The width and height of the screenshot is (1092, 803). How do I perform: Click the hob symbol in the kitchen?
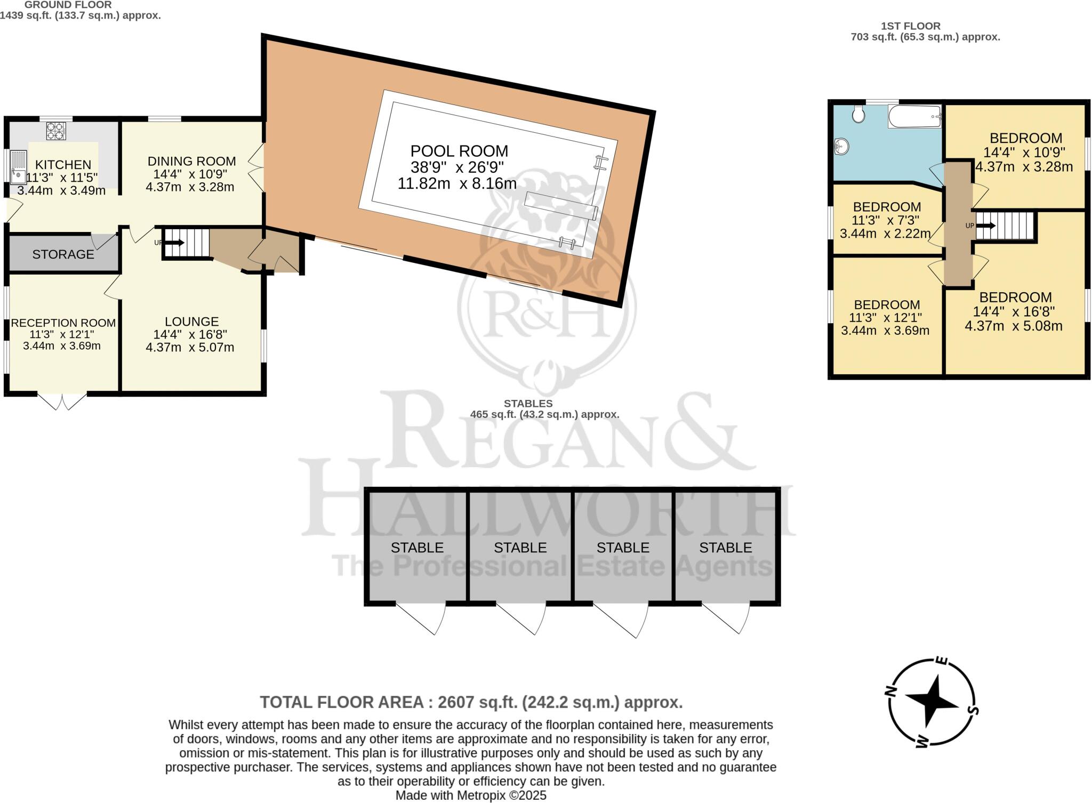[55, 131]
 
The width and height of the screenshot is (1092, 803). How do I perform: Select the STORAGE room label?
[63, 254]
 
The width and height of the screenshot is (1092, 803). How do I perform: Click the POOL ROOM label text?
[459, 151]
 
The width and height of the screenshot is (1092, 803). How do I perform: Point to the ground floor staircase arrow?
[176, 243]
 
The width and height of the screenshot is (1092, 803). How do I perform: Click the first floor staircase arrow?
[986, 226]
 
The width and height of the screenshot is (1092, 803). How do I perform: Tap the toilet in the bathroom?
[858, 114]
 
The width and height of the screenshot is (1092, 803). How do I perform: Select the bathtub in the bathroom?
[914, 116]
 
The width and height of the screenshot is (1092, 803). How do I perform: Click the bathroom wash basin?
[841, 146]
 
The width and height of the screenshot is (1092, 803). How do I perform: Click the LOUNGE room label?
[191, 322]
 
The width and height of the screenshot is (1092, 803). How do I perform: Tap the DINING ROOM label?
[191, 161]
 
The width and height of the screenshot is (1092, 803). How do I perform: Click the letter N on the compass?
[890, 692]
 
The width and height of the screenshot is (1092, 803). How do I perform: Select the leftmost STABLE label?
[417, 548]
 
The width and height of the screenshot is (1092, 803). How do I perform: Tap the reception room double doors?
[62, 402]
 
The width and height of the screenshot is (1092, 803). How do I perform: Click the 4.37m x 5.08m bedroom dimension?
[1013, 326]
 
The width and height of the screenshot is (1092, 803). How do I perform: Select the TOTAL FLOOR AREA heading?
[471, 702]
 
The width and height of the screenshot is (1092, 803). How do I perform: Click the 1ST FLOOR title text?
[910, 26]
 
